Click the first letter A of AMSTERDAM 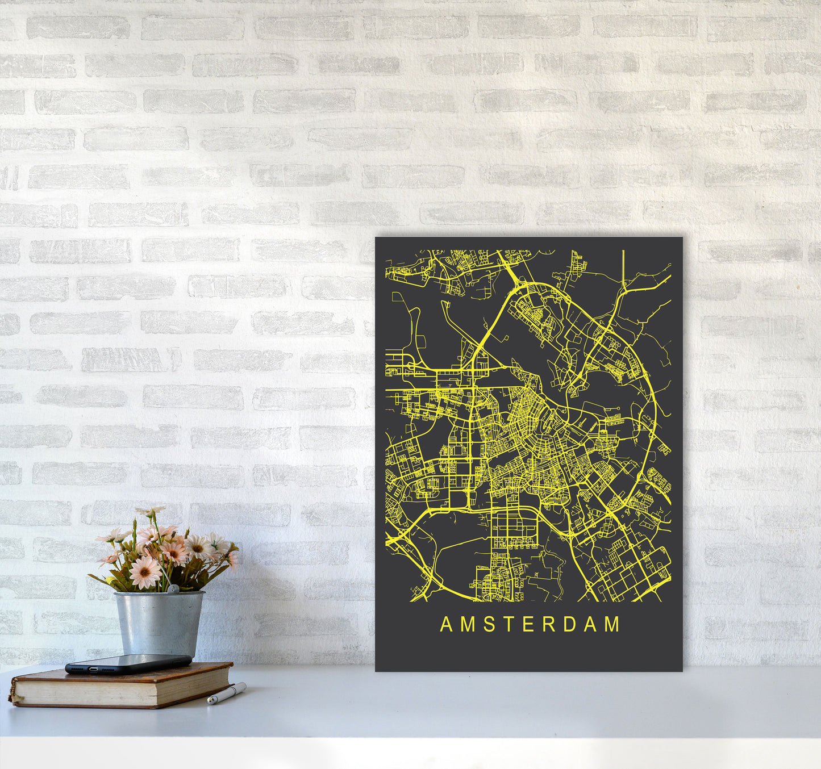pos(446,624)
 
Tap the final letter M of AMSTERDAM pos(612,624)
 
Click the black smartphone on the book pos(128,663)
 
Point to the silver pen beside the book pos(226,693)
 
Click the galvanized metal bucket pos(159,623)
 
